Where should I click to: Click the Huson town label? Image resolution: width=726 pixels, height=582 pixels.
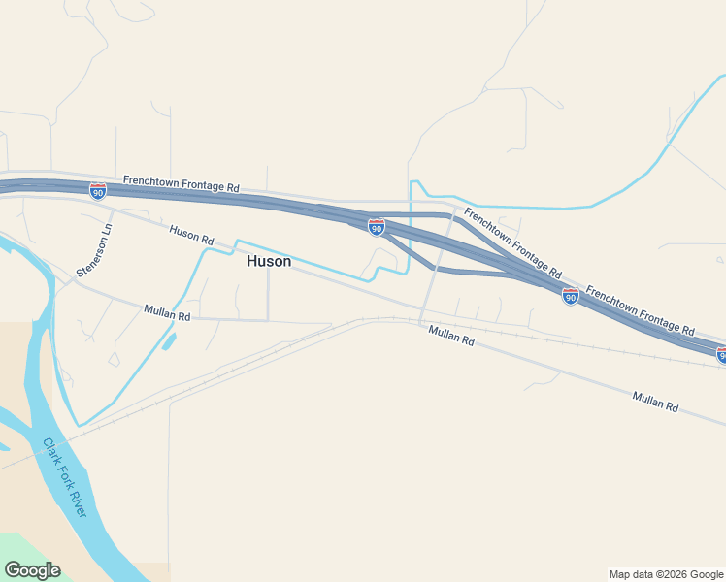269,261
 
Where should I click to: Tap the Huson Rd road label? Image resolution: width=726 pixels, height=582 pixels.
191,235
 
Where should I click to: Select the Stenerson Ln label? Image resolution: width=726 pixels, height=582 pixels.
95,251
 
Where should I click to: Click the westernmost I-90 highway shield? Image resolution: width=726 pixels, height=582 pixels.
98,191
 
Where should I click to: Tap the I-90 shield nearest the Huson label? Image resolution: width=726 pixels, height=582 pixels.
377,227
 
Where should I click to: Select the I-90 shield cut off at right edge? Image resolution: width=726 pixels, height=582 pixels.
721,355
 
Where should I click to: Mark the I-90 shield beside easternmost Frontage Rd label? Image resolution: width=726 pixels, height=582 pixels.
571,296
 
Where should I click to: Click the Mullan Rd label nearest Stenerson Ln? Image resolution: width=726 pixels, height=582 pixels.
167,312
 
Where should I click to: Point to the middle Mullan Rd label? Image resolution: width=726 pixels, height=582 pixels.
451,336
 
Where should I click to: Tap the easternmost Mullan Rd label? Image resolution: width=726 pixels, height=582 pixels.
655,402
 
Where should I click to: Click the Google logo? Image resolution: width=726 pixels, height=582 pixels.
32,570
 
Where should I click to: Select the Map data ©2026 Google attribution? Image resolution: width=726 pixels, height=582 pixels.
666,574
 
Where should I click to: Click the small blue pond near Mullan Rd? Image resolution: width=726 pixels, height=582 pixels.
169,340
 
